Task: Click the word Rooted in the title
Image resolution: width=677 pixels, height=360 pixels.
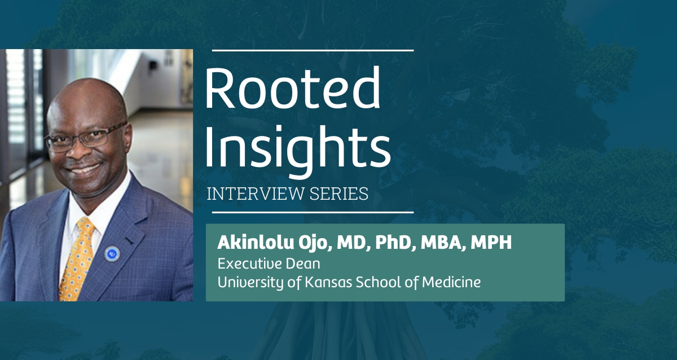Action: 293,87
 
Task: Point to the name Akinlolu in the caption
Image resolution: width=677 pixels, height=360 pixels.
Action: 256,243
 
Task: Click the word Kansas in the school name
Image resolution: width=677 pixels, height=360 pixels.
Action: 328,282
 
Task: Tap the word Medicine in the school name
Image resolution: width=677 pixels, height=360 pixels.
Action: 451,282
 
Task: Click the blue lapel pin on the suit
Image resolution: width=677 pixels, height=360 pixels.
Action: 112,253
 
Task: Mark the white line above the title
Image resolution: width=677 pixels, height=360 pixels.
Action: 313,50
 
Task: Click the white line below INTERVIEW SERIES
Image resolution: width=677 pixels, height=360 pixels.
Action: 313,213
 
